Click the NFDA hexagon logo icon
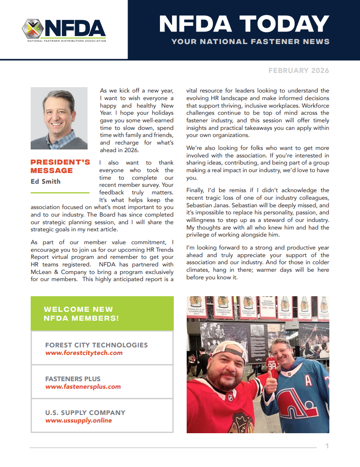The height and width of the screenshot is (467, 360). coord(33,29)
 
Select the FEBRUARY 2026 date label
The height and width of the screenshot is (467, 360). coord(299,71)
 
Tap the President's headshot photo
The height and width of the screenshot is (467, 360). coord(59,118)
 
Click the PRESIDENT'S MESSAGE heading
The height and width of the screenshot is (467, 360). coord(60,166)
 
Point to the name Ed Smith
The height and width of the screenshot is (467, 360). coord(46,181)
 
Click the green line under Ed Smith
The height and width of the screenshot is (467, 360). coord(60,193)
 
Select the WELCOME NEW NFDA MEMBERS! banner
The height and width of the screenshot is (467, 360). coord(102,314)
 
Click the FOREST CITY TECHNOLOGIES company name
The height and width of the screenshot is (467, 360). coord(96,345)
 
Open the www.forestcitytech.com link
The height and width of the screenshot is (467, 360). coord(84,353)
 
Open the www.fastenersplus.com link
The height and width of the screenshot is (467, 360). coord(83,387)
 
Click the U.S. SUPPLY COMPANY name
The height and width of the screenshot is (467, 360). coord(85,413)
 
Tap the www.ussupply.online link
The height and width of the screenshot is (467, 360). coord(79,421)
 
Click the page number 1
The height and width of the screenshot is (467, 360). coord(327,446)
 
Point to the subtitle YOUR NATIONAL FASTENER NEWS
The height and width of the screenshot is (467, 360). coord(251,42)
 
